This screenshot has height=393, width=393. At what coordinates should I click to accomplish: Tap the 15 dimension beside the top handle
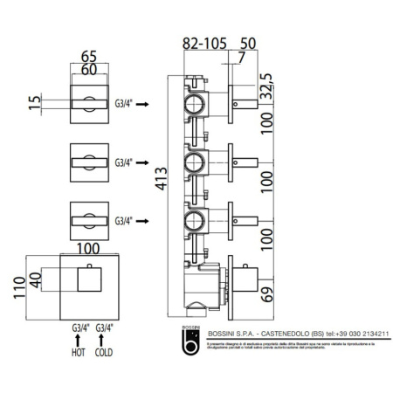point(34,102)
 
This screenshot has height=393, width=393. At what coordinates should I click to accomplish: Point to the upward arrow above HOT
point(77,341)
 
